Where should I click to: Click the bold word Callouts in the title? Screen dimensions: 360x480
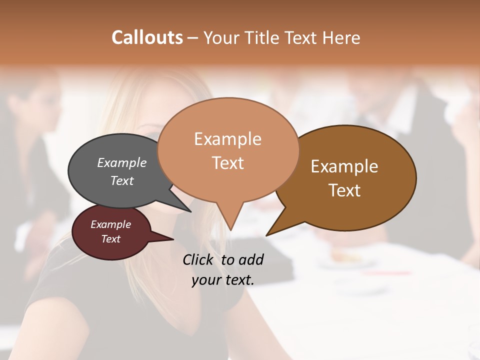[x=147, y=37]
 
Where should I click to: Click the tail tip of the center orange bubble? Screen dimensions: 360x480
[x=230, y=229]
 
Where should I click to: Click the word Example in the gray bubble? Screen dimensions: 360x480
[x=122, y=162]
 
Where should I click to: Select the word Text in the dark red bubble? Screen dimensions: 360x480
[x=111, y=239]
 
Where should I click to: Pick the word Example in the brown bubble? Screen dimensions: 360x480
[x=344, y=166]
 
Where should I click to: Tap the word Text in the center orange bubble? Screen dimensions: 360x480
[x=228, y=162]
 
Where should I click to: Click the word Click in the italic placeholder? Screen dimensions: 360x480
[x=197, y=259]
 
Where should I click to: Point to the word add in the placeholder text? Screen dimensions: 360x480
[x=250, y=259]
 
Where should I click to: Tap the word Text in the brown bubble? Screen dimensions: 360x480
[x=345, y=190]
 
